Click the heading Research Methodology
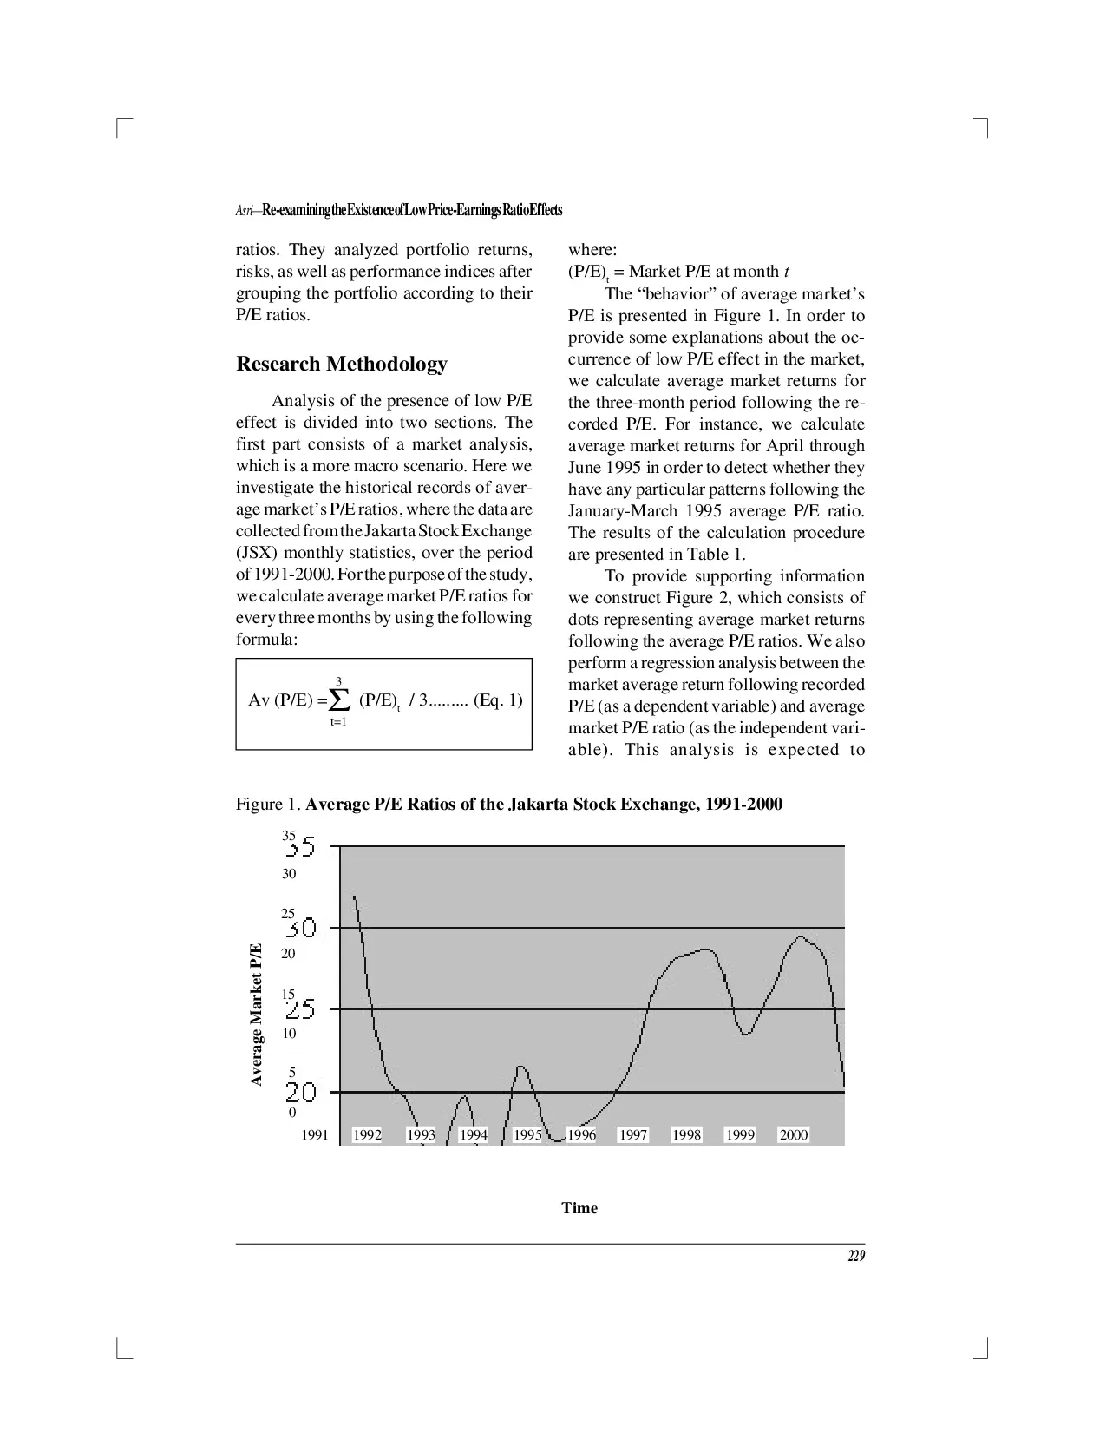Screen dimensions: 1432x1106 point(342,364)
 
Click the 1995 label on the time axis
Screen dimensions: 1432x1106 point(527,1134)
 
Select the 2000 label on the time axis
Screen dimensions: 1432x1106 point(794,1134)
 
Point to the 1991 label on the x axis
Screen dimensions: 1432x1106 point(315,1134)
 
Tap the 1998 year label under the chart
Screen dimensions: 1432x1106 point(686,1134)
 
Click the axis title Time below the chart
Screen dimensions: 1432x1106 point(579,1208)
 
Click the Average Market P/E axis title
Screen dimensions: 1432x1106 point(256,1014)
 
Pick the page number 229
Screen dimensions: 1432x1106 point(855,1256)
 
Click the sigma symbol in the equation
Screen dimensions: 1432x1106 point(339,699)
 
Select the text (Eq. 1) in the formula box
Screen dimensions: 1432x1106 point(498,700)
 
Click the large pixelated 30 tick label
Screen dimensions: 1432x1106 point(302,929)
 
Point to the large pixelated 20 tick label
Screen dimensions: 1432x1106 point(302,1092)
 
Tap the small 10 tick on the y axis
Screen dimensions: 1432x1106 point(289,1033)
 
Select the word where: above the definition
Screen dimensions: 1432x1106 point(592,250)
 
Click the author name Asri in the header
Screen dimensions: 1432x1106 point(245,211)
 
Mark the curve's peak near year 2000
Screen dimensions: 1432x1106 point(800,936)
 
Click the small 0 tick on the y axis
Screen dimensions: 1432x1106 point(291,1113)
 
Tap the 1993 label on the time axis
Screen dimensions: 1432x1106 point(421,1134)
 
